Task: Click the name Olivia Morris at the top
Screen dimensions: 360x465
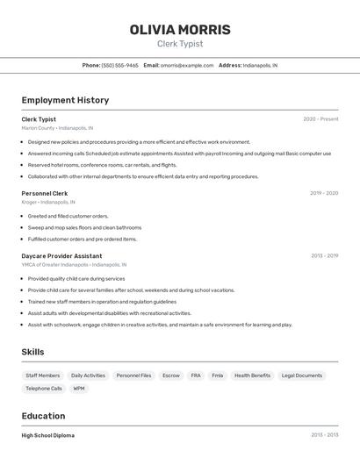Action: (x=180, y=30)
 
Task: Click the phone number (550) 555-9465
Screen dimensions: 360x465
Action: (x=119, y=65)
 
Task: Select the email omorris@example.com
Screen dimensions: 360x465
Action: (x=187, y=65)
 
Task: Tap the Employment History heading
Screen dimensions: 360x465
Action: (x=65, y=100)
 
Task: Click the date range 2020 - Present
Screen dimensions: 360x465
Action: (x=320, y=119)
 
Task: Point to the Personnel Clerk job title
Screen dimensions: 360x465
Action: (x=45, y=193)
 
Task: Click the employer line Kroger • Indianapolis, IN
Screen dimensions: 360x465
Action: (x=48, y=202)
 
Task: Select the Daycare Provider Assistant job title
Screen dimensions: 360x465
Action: (x=61, y=255)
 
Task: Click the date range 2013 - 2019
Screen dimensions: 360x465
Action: (x=324, y=255)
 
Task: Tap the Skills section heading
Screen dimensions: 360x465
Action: (x=33, y=352)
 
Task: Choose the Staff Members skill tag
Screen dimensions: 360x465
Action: (x=43, y=376)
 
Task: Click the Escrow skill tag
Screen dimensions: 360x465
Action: (x=170, y=376)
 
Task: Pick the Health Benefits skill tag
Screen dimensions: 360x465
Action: (x=252, y=376)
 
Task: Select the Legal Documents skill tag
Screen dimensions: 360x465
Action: (x=301, y=376)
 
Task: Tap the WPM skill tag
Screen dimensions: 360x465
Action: (x=79, y=388)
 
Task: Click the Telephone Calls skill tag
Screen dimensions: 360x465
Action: (x=44, y=388)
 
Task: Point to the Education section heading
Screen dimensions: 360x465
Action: (x=43, y=416)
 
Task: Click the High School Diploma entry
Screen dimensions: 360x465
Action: (x=48, y=435)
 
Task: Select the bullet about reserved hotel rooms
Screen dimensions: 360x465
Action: (x=102, y=165)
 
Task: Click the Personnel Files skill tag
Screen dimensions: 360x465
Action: (x=133, y=376)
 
